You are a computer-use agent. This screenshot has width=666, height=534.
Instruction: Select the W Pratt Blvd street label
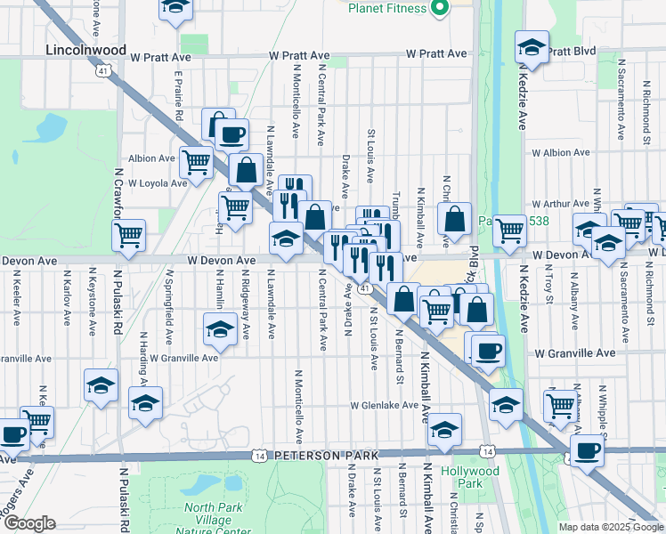click(x=571, y=52)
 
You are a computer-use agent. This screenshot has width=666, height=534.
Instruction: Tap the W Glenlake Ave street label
click(x=384, y=405)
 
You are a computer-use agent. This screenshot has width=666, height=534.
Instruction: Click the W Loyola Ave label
click(x=157, y=182)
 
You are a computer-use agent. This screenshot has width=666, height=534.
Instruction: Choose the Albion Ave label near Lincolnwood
click(x=151, y=158)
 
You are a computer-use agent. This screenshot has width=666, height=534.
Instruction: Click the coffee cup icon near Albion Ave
click(x=231, y=134)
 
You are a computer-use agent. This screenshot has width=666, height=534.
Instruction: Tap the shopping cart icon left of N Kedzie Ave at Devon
click(x=509, y=230)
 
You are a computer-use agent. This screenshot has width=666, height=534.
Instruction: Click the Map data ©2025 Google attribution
click(x=611, y=527)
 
